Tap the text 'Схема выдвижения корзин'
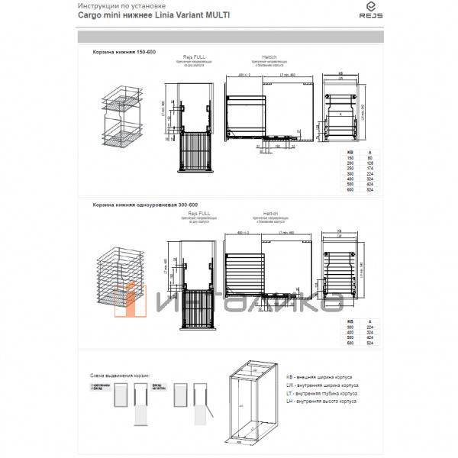click(118, 377)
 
